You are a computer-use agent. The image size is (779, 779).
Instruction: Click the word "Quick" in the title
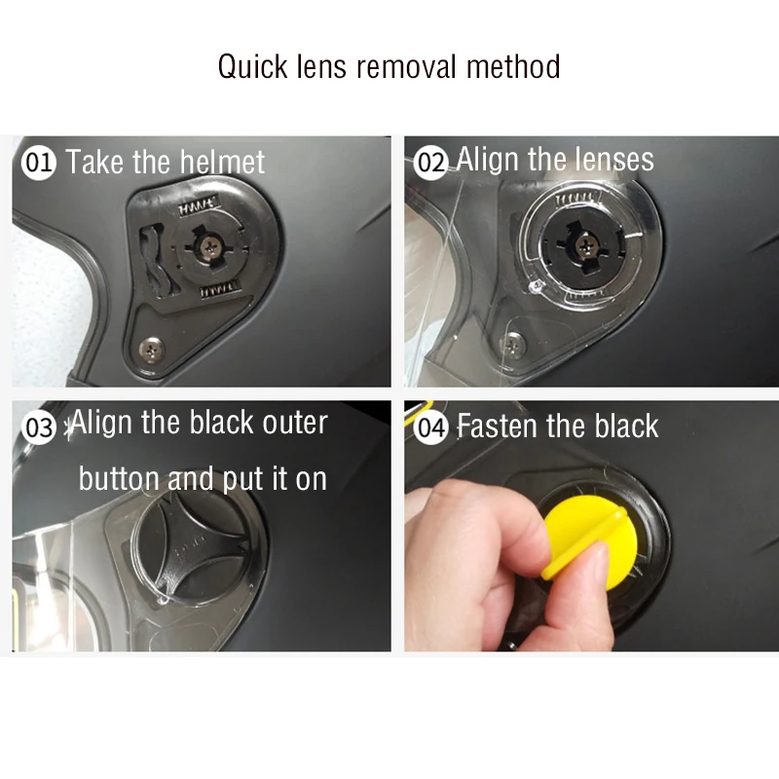pyautogui.click(x=253, y=67)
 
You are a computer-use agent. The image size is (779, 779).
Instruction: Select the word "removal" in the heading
pyautogui.click(x=406, y=66)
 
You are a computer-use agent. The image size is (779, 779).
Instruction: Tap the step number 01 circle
pyautogui.click(x=38, y=163)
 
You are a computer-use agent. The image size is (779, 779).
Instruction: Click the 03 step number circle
pyautogui.click(x=38, y=427)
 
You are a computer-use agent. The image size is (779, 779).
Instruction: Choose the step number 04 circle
pyautogui.click(x=430, y=427)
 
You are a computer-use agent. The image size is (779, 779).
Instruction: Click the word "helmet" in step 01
pyautogui.click(x=222, y=162)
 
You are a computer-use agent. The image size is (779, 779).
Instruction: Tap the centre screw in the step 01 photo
pyautogui.click(x=208, y=246)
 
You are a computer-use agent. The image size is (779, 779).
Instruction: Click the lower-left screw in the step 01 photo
pyautogui.click(x=151, y=349)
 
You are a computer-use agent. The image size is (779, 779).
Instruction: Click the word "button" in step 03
pyautogui.click(x=119, y=478)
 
